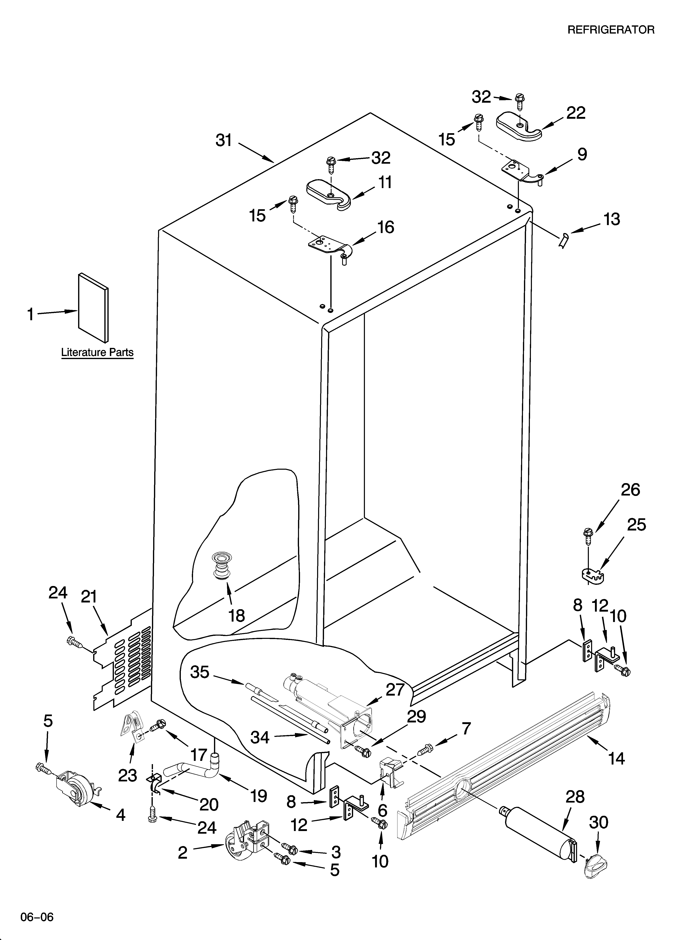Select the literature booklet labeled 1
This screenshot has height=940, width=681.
[x=93, y=309]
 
